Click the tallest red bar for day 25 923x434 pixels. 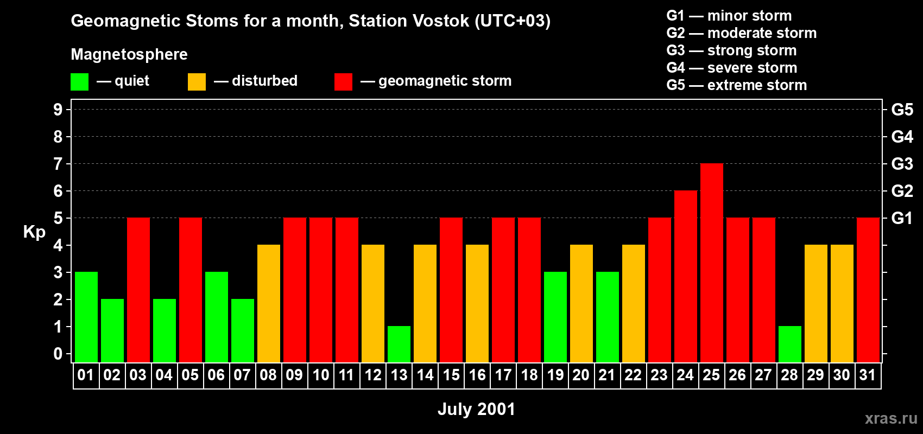tap(712, 263)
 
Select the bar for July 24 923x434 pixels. tap(686, 276)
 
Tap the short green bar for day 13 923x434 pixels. tap(399, 344)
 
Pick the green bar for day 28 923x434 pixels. tap(790, 344)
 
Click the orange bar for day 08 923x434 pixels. tap(269, 303)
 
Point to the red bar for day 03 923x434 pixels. tap(138, 290)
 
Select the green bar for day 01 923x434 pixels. tap(86, 317)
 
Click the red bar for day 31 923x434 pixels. tap(868, 290)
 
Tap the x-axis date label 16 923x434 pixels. tap(477, 375)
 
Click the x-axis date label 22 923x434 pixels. tap(633, 375)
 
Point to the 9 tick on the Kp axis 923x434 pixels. tap(58, 110)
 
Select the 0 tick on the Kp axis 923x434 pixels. tap(58, 354)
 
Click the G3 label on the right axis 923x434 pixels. tap(902, 164)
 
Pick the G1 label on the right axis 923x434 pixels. tap(902, 218)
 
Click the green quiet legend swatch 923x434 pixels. tap(79, 81)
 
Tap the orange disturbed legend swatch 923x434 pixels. tap(197, 81)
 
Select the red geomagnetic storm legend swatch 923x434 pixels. tap(343, 81)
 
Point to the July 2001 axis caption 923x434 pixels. tap(476, 409)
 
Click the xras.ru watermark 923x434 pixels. tap(891, 418)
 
